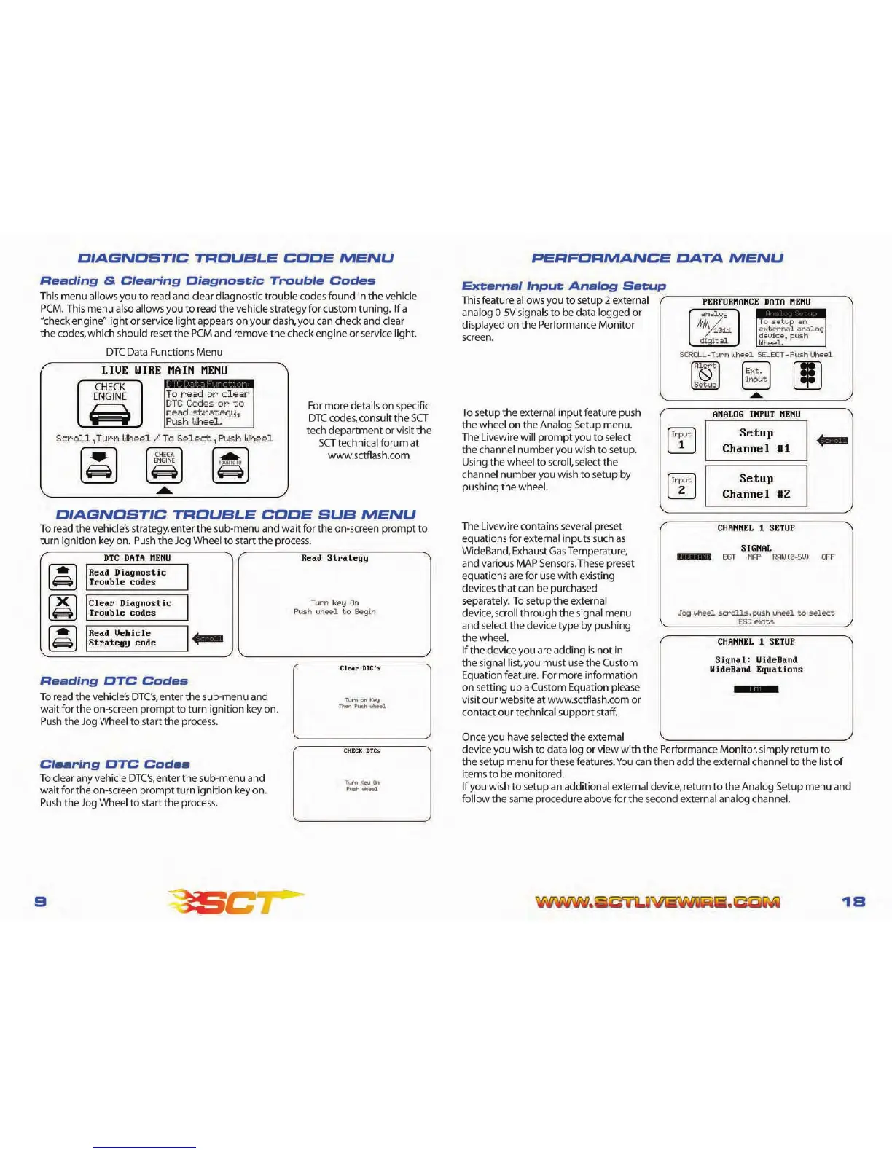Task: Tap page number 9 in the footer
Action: (42, 901)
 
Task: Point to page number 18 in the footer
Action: (853, 901)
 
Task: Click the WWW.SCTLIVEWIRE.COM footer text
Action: (657, 902)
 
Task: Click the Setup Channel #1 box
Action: (756, 441)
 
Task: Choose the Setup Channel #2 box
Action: (756, 486)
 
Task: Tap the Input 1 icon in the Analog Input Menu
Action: (681, 440)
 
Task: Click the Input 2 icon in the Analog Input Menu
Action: (681, 486)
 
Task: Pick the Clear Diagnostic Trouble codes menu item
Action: (136, 608)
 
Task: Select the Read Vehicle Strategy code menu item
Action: (136, 638)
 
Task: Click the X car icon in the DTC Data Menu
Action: (63, 607)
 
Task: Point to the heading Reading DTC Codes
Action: (114, 681)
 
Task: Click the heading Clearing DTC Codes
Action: (114, 764)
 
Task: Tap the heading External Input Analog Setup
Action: (563, 286)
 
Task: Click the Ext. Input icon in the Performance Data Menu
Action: (756, 375)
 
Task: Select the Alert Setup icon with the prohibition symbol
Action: (705, 375)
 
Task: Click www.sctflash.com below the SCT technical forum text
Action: (368, 455)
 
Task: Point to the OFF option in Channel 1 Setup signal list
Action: (828, 557)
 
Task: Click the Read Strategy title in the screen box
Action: (334, 558)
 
